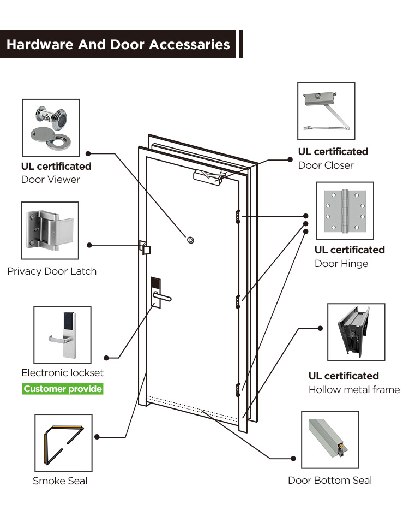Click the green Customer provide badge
63,389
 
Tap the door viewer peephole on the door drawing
190,240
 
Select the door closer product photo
326,111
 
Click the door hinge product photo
345,211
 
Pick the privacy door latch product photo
50,230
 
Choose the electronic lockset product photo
62,335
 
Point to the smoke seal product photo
63,442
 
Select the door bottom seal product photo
330,440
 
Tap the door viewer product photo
50,128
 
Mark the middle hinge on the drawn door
238,300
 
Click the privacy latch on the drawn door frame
145,248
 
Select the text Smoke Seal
60,481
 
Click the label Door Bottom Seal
330,481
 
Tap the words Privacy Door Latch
52,271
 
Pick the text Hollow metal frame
354,390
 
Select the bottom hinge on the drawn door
238,390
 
